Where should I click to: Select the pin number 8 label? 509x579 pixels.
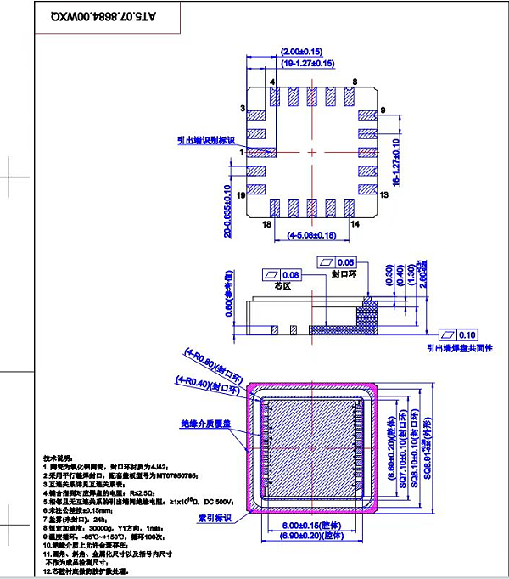[355, 81]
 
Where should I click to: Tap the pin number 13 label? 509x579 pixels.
[383, 195]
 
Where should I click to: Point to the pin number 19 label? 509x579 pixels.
[242, 195]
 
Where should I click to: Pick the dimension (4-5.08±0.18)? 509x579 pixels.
[312, 234]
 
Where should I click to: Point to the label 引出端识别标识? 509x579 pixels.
[206, 141]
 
